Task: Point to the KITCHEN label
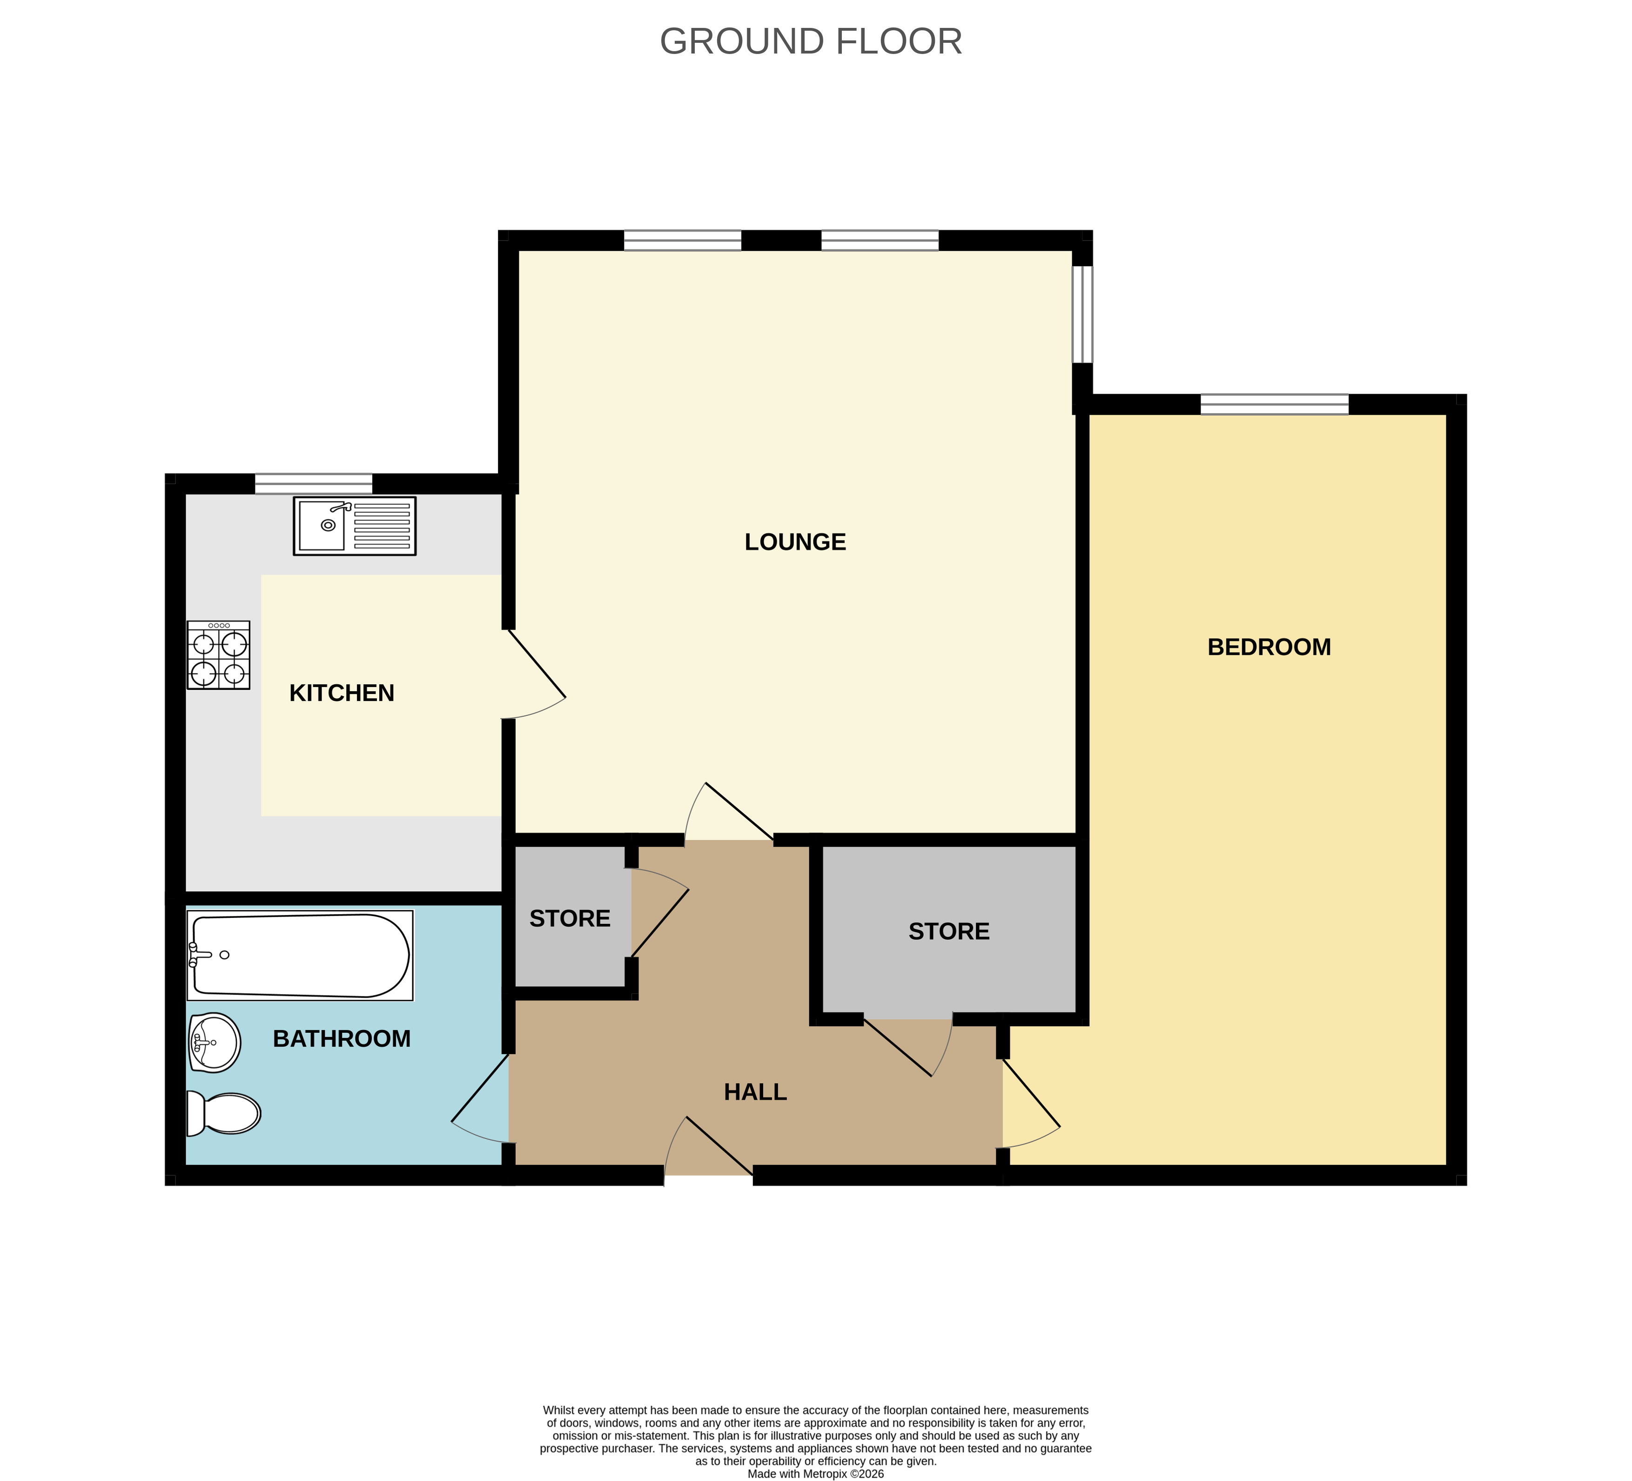tap(342, 693)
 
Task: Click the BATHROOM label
tap(342, 1039)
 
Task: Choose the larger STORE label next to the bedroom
tap(949, 931)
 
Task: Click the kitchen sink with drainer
tap(355, 526)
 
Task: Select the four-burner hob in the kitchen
tap(219, 655)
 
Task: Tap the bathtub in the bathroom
tap(300, 956)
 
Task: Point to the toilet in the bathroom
tap(224, 1113)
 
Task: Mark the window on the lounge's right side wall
tap(1082, 314)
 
